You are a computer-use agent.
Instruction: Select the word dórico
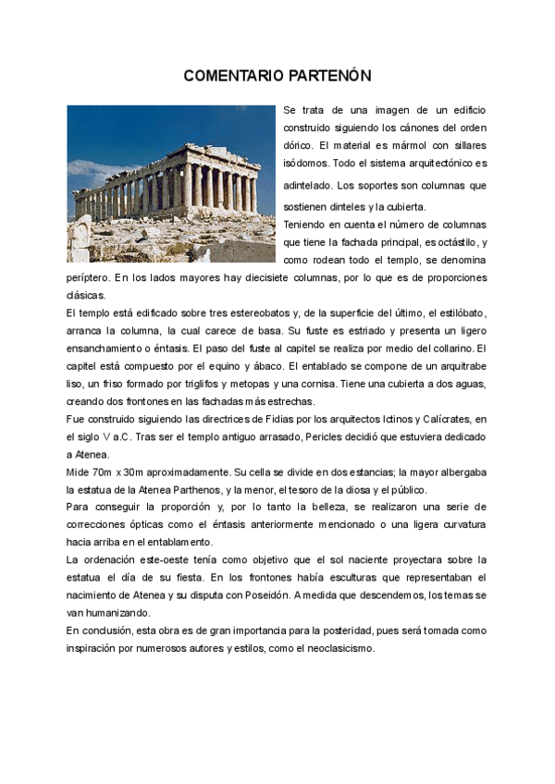[298, 146]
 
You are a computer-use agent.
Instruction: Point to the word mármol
[409, 146]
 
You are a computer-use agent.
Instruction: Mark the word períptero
[88, 277]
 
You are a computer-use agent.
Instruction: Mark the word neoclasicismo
[337, 648]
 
